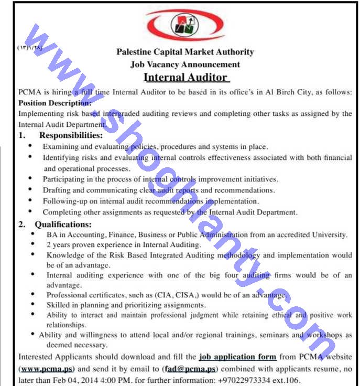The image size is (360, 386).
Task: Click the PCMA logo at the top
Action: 185,24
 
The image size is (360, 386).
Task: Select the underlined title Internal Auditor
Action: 186,78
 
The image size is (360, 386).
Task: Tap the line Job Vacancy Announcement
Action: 185,65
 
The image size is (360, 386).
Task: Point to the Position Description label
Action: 54,103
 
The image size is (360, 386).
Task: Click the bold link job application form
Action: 238,357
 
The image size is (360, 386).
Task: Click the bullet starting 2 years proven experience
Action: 123,245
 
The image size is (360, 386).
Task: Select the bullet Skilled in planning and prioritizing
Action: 126,305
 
